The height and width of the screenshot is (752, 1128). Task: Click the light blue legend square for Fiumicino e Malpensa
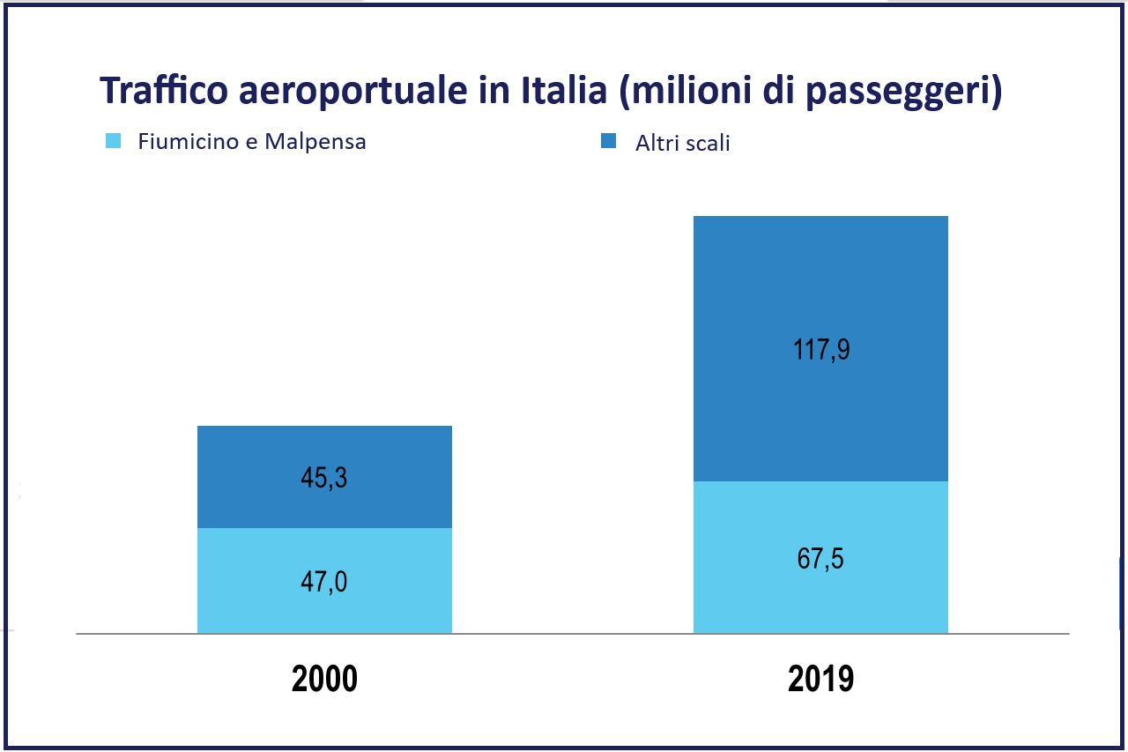(113, 141)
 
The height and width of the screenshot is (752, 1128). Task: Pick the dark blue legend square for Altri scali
(609, 142)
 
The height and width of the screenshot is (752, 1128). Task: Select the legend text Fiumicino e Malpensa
(251, 141)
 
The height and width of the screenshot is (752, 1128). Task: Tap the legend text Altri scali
(682, 143)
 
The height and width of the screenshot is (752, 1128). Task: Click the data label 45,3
(324, 478)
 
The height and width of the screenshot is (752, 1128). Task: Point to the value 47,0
(324, 581)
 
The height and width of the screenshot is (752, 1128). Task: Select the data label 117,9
(820, 350)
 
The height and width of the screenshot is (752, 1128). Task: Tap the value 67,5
(820, 558)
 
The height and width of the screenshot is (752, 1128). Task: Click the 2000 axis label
(324, 680)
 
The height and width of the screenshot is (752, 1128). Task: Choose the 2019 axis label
(820, 680)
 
